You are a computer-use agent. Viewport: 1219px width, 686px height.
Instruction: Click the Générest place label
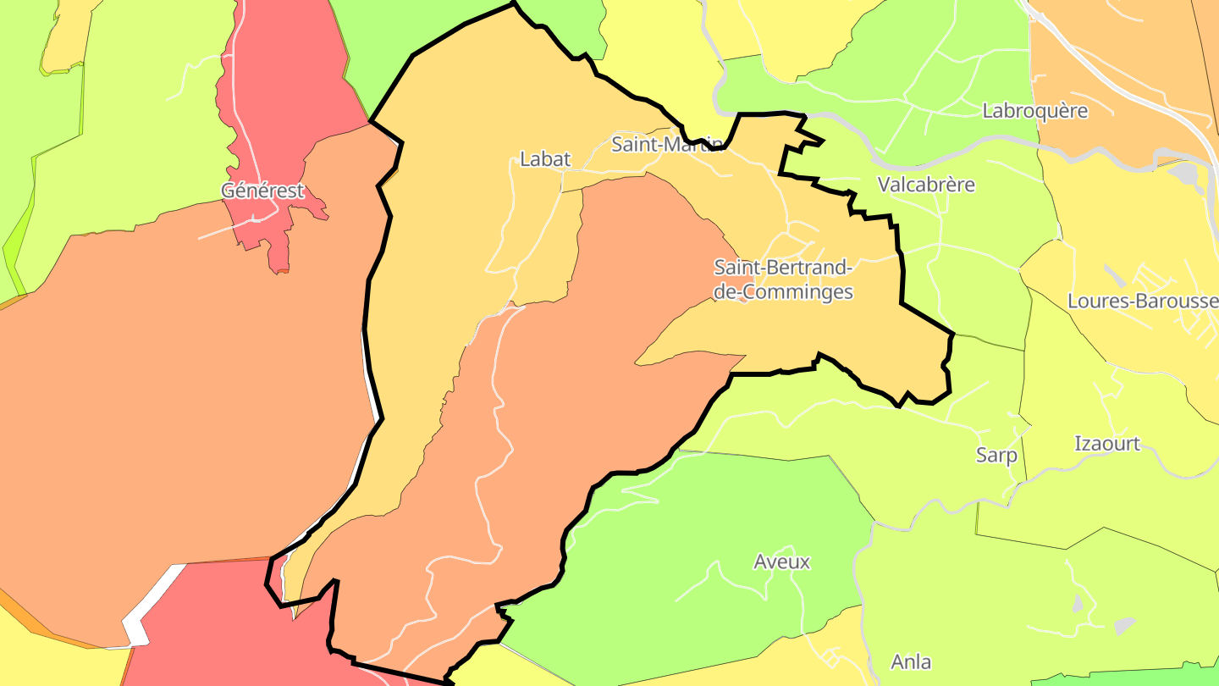pos(262,191)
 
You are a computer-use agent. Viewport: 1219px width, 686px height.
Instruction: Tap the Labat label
pos(545,158)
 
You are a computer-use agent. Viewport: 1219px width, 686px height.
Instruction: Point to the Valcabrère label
pos(926,184)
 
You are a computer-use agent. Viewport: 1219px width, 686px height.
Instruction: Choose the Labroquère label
pos(1034,111)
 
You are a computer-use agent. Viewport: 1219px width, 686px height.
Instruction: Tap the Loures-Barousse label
pos(1142,301)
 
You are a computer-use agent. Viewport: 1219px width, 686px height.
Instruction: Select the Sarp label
pos(996,455)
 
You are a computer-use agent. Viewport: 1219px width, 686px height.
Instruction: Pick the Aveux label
pos(781,562)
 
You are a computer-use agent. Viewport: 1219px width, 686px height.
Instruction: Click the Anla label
pos(911,661)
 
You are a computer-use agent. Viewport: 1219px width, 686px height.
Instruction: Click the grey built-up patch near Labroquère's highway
pos(1189,174)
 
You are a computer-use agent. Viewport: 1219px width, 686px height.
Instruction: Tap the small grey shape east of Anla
pos(1123,626)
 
